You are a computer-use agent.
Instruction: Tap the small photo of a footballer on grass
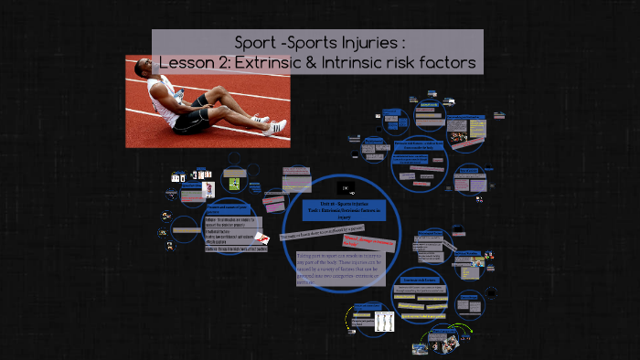(234, 183)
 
